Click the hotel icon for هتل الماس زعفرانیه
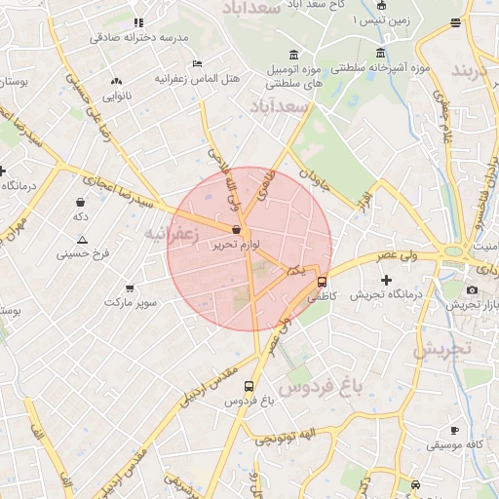tap(198, 62)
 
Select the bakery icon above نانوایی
tap(117, 82)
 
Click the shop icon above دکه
tap(79, 203)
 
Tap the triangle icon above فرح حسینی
tap(82, 240)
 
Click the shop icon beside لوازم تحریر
tap(237, 231)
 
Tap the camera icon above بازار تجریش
tap(472, 289)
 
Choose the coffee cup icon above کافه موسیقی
tap(454, 430)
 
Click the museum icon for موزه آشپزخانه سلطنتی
tap(380, 53)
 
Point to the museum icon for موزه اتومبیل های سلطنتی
tap(294, 53)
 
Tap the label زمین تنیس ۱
tap(382, 20)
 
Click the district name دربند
tap(475, 71)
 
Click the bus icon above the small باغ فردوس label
tap(249, 386)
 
